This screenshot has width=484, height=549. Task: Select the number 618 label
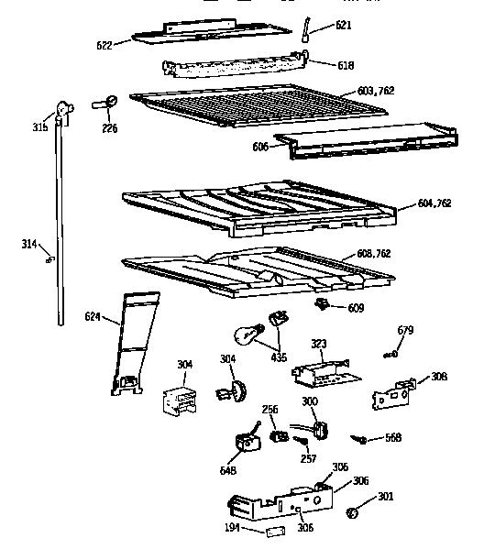click(320, 66)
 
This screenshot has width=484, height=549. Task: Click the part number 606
click(260, 147)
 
